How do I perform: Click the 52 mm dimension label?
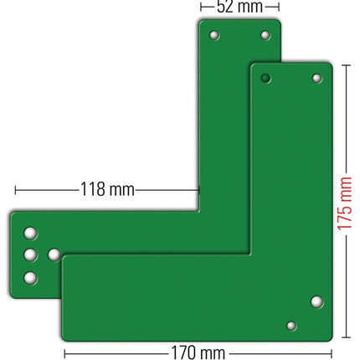239,8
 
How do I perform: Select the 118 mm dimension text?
106,189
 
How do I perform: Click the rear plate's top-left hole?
214,36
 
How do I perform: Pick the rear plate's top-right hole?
265,36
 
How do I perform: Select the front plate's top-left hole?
265,79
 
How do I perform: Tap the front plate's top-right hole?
316,79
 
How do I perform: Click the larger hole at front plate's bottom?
316,301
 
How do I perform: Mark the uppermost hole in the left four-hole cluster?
30,231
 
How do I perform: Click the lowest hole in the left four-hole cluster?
30,277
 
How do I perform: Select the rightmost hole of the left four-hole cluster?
54,254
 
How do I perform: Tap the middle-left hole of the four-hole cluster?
30,254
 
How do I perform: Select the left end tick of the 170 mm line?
64,352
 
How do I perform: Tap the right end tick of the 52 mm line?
278,7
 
